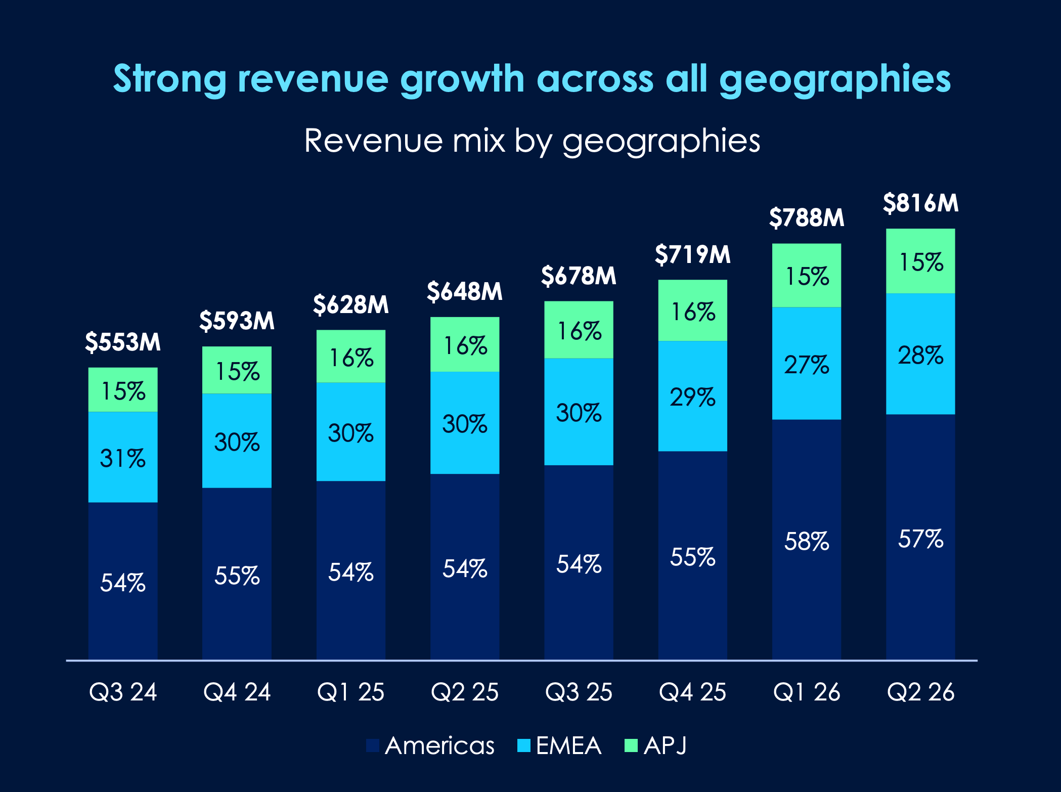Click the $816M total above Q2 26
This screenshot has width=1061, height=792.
pos(920,203)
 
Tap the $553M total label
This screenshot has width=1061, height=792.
pos(123,342)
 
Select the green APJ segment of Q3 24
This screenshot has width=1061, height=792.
pos(123,389)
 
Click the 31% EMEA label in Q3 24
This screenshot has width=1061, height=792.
pos(123,458)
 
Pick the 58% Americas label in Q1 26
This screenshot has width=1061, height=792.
pos(807,541)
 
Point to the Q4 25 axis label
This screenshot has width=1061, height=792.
pos(692,692)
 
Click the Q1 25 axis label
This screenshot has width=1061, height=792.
pos(350,692)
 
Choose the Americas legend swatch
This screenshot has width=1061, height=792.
pos(373,745)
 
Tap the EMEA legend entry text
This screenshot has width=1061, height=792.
pos(568,745)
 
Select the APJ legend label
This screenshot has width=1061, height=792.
pos(665,745)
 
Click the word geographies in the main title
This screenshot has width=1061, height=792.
pos(834,79)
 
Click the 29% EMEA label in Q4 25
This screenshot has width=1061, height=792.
pos(692,397)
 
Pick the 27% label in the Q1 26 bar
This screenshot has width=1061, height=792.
pos(807,365)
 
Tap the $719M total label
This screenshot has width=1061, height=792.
pos(692,254)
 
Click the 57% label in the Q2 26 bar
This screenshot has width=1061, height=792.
pos(920,539)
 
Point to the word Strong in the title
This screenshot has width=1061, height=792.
pos(169,79)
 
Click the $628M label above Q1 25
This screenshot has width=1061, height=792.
pos(350,305)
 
